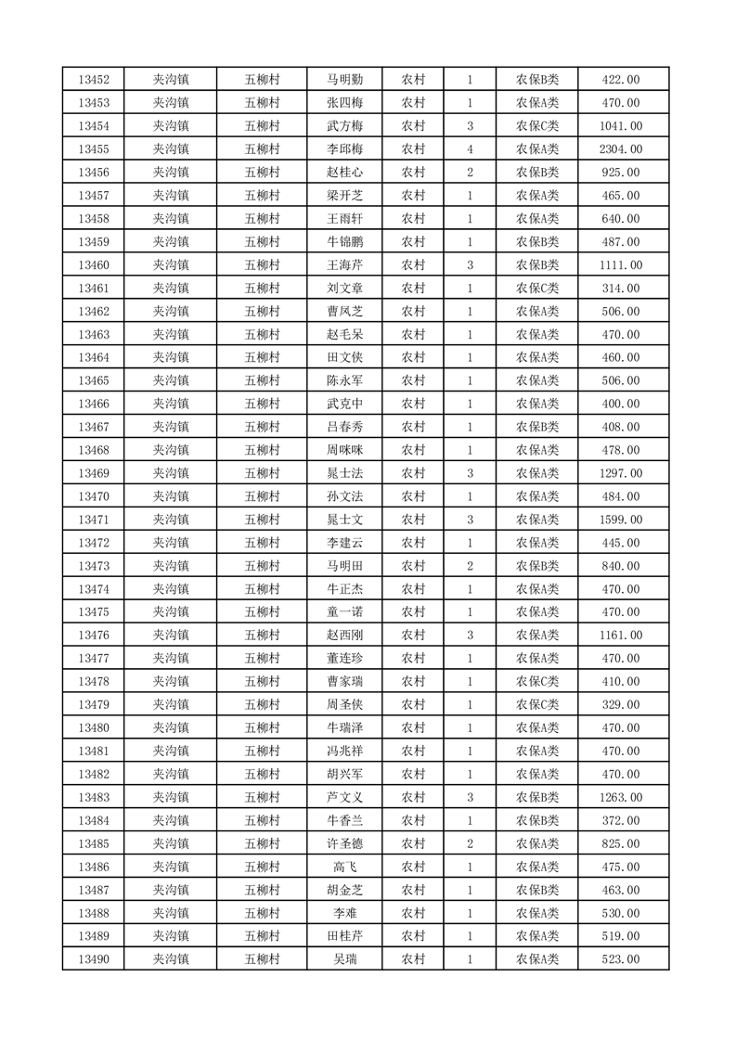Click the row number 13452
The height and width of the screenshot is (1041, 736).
[x=94, y=80]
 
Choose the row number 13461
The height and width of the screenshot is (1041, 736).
[x=94, y=289]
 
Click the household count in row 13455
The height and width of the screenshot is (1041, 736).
[x=471, y=149]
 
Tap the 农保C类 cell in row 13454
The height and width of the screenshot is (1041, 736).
[x=537, y=126]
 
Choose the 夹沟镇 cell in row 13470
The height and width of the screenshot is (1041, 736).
[x=171, y=496]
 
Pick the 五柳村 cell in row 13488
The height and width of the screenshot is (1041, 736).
[x=262, y=913]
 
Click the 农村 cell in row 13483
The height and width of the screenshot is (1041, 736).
[x=413, y=797]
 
